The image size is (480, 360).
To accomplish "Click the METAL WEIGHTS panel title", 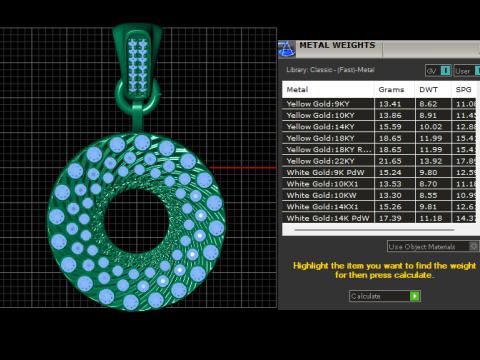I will (338, 45).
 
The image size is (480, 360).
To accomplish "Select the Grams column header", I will (390, 89).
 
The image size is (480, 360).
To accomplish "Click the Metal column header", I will (298, 89).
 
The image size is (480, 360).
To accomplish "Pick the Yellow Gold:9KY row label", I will (318, 103).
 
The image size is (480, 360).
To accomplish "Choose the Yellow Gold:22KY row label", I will (320, 161).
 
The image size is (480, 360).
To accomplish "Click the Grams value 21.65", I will (390, 161).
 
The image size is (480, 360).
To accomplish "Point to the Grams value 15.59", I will (390, 126).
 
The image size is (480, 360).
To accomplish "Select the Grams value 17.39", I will (390, 218).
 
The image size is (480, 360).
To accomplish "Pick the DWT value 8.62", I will (428, 103).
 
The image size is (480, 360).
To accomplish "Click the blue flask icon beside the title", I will (286, 46).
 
